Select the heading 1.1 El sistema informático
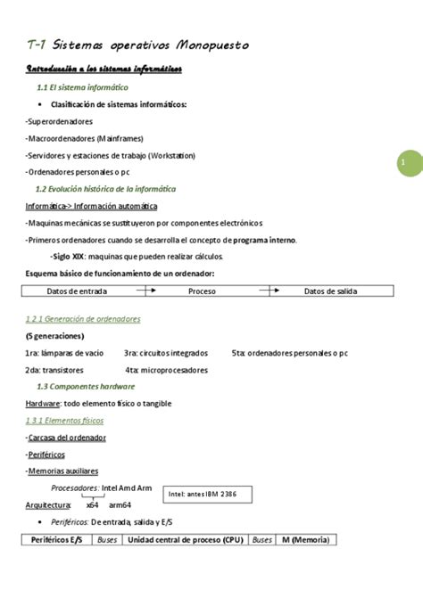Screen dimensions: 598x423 click(82, 88)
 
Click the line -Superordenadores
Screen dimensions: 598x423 click(60, 121)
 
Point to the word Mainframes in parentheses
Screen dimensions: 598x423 click(118, 138)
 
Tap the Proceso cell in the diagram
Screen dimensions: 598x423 click(202, 291)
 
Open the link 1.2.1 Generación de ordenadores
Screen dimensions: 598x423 click(83, 318)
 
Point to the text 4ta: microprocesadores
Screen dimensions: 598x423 click(166, 370)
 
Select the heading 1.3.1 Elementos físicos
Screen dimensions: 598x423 click(64, 420)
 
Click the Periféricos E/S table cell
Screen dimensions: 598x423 click(56, 540)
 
